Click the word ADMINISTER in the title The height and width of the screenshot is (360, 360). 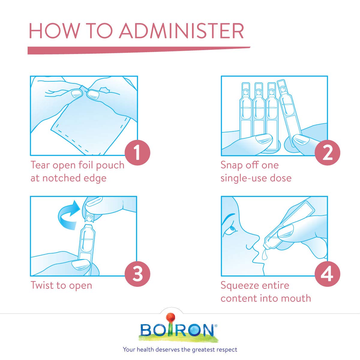coord(181,31)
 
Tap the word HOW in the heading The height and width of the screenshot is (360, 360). coord(54,31)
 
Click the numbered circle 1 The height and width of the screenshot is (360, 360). coord(137,153)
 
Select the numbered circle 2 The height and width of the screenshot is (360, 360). coord(327,153)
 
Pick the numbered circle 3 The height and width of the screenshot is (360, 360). coord(137,274)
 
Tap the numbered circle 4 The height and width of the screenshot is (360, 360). coord(327,274)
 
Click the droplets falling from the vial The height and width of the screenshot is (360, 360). coord(264,255)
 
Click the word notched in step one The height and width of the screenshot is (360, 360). coord(61,178)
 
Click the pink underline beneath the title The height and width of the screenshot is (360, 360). coord(139,50)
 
